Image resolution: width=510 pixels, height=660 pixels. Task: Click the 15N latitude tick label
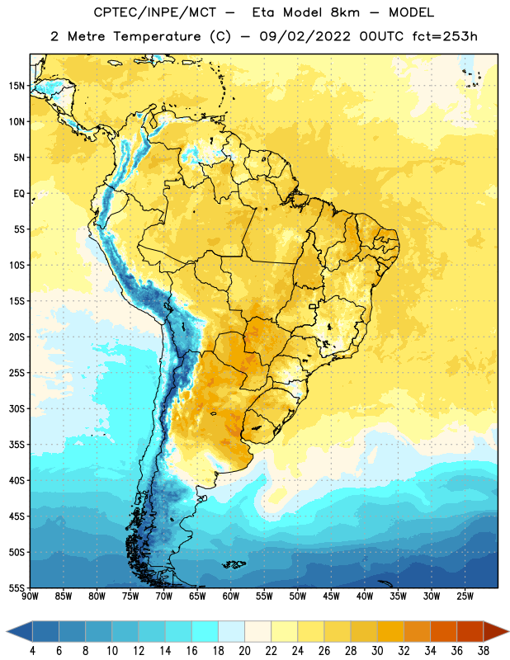17,86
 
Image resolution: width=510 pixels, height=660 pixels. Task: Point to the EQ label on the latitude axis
19,194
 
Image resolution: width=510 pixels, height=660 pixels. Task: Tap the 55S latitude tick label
17,587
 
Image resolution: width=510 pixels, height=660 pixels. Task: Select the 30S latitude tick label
17,408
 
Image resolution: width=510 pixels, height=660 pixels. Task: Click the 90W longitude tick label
30,596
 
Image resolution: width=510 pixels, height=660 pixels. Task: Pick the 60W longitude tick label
231,596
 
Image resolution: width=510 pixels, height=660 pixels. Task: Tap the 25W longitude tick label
465,596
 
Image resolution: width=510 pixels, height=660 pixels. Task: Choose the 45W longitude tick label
331,596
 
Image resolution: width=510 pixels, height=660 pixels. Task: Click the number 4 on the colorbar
32,651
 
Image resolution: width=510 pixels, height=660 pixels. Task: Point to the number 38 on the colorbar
483,651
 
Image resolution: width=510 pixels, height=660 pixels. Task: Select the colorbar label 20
244,651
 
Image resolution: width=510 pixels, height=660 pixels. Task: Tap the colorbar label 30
377,651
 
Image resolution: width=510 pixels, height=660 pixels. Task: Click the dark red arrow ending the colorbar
495,631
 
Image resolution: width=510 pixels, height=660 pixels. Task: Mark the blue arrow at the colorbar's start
20,631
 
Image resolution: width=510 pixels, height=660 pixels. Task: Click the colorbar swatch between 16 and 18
205,631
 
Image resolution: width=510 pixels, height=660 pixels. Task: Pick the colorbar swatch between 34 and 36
443,631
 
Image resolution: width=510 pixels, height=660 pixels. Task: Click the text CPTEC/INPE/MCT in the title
154,12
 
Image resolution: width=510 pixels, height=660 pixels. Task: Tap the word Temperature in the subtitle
157,36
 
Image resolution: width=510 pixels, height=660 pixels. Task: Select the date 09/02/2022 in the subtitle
305,36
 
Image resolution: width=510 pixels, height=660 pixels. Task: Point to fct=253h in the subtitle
445,36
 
